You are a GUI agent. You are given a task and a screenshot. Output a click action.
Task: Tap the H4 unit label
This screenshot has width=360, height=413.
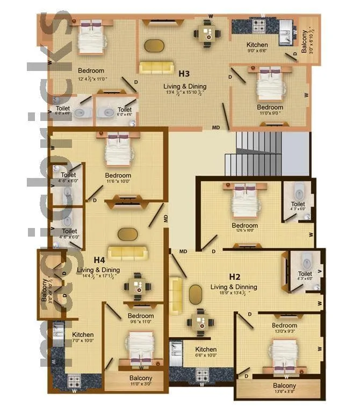pyautogui.click(x=99, y=260)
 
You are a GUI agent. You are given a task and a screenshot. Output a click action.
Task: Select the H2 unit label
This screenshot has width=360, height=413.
pyautogui.click(x=234, y=276)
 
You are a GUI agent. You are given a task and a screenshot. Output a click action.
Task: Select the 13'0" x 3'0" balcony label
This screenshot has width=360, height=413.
pyautogui.click(x=284, y=386)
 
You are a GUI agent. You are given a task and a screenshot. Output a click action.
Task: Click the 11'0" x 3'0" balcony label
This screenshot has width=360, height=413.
pyautogui.click(x=141, y=379)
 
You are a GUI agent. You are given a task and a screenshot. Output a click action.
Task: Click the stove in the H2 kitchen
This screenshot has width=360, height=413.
pyautogui.click(x=203, y=374)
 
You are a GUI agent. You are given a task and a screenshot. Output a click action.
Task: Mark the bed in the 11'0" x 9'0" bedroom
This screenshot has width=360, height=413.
pyautogui.click(x=270, y=84)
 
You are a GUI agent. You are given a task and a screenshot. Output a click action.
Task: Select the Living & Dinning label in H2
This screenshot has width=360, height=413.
pyautogui.click(x=234, y=287)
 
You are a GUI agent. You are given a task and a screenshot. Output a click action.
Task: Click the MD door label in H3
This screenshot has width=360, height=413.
pyautogui.click(x=216, y=127)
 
